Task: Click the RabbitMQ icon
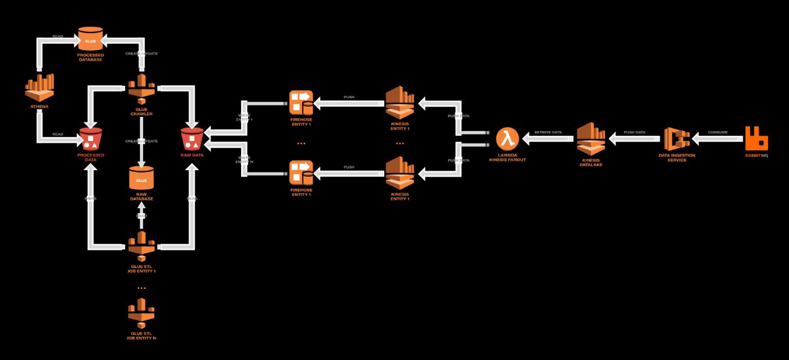756,139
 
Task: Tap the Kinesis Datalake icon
590,139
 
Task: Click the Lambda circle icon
507,139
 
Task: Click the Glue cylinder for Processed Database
91,40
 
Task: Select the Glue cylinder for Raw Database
141,178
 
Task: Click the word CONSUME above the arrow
717,132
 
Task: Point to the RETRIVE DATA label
548,132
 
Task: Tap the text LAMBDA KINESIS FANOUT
508,157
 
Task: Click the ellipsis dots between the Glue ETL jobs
141,288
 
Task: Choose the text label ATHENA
40,107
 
